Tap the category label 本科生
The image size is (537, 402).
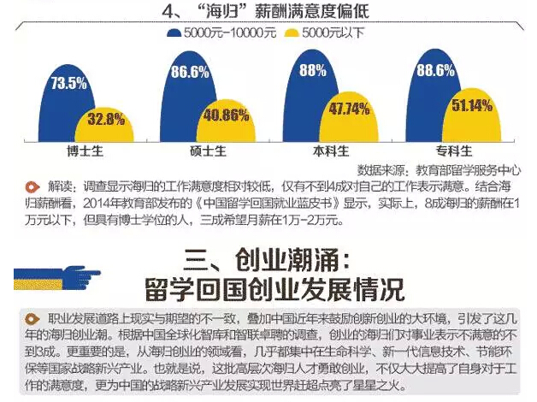[x=330, y=152]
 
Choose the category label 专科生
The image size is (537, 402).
[x=451, y=152]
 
